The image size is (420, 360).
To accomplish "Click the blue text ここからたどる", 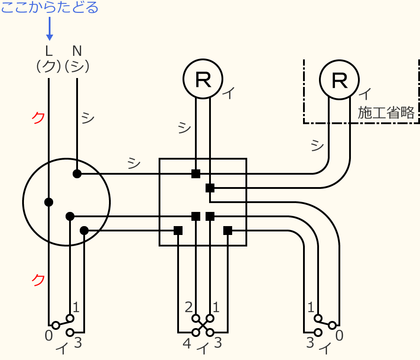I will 50,8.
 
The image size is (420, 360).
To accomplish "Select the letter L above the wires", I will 49,50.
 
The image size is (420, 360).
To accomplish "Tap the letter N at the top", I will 77,50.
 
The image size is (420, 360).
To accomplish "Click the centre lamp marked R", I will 203,79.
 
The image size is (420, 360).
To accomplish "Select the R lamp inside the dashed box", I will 339,79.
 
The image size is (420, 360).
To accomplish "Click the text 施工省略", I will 387,113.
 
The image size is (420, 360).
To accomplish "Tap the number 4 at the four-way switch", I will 187,344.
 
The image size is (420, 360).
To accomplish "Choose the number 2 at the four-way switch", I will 189,307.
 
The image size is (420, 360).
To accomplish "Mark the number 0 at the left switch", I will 49,337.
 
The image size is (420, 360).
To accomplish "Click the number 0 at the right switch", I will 339,336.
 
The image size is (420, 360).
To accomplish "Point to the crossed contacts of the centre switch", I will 203,325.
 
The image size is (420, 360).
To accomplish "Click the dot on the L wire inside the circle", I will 49,202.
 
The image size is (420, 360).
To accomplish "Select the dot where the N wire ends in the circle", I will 77,174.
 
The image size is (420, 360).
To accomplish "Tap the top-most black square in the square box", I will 196,174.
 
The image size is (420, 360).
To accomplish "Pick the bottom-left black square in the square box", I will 178,231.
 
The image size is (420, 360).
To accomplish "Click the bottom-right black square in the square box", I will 228,231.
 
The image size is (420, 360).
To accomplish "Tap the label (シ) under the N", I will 77,66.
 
